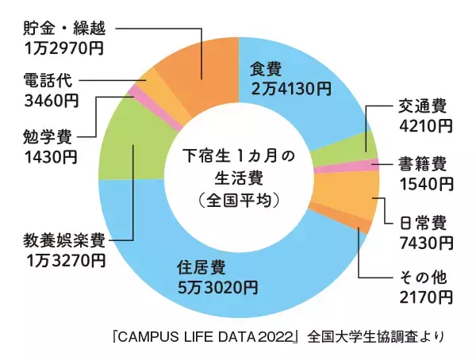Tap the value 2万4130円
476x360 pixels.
tap(290, 89)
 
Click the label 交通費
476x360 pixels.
tap(420, 107)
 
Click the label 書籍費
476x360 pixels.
tap(420, 165)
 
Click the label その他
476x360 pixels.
tap(420, 279)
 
